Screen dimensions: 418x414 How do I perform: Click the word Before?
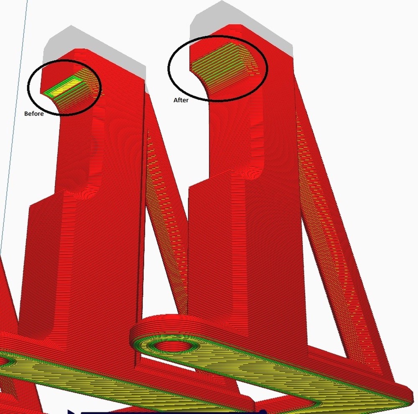point(34,114)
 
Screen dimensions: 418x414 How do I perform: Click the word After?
point(181,100)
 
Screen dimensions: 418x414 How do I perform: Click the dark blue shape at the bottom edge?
point(165,411)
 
